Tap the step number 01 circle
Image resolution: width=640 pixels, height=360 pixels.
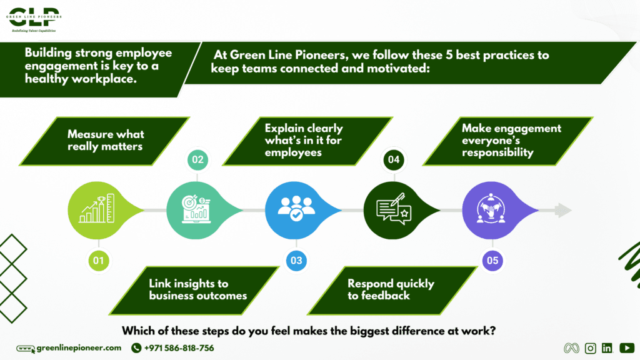pyautogui.click(x=97, y=260)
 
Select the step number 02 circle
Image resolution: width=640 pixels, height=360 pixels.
pyautogui.click(x=197, y=160)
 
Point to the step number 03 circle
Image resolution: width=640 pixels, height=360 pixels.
pyautogui.click(x=296, y=260)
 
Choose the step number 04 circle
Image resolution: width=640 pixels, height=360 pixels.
pyautogui.click(x=394, y=160)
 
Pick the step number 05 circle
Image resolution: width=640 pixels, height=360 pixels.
pyautogui.click(x=492, y=260)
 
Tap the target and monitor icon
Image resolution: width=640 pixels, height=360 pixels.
pyautogui.click(x=196, y=210)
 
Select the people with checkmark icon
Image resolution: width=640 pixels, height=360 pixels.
pyautogui.click(x=293, y=209)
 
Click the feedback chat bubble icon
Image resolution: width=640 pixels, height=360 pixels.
pyautogui.click(x=392, y=210)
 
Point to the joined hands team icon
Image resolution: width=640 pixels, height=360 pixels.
pyautogui.click(x=490, y=209)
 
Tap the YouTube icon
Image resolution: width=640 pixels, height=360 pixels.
pyautogui.click(x=627, y=348)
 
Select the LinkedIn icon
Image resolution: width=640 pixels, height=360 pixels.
pyautogui.click(x=607, y=348)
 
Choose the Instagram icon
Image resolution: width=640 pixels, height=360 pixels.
pyautogui.click(x=590, y=348)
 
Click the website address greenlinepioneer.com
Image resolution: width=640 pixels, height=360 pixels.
pyautogui.click(x=78, y=348)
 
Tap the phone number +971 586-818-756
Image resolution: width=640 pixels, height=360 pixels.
pyautogui.click(x=179, y=348)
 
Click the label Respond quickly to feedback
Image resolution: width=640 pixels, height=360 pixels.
pyautogui.click(x=391, y=289)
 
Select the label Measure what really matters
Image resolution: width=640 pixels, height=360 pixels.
pyautogui.click(x=106, y=141)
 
